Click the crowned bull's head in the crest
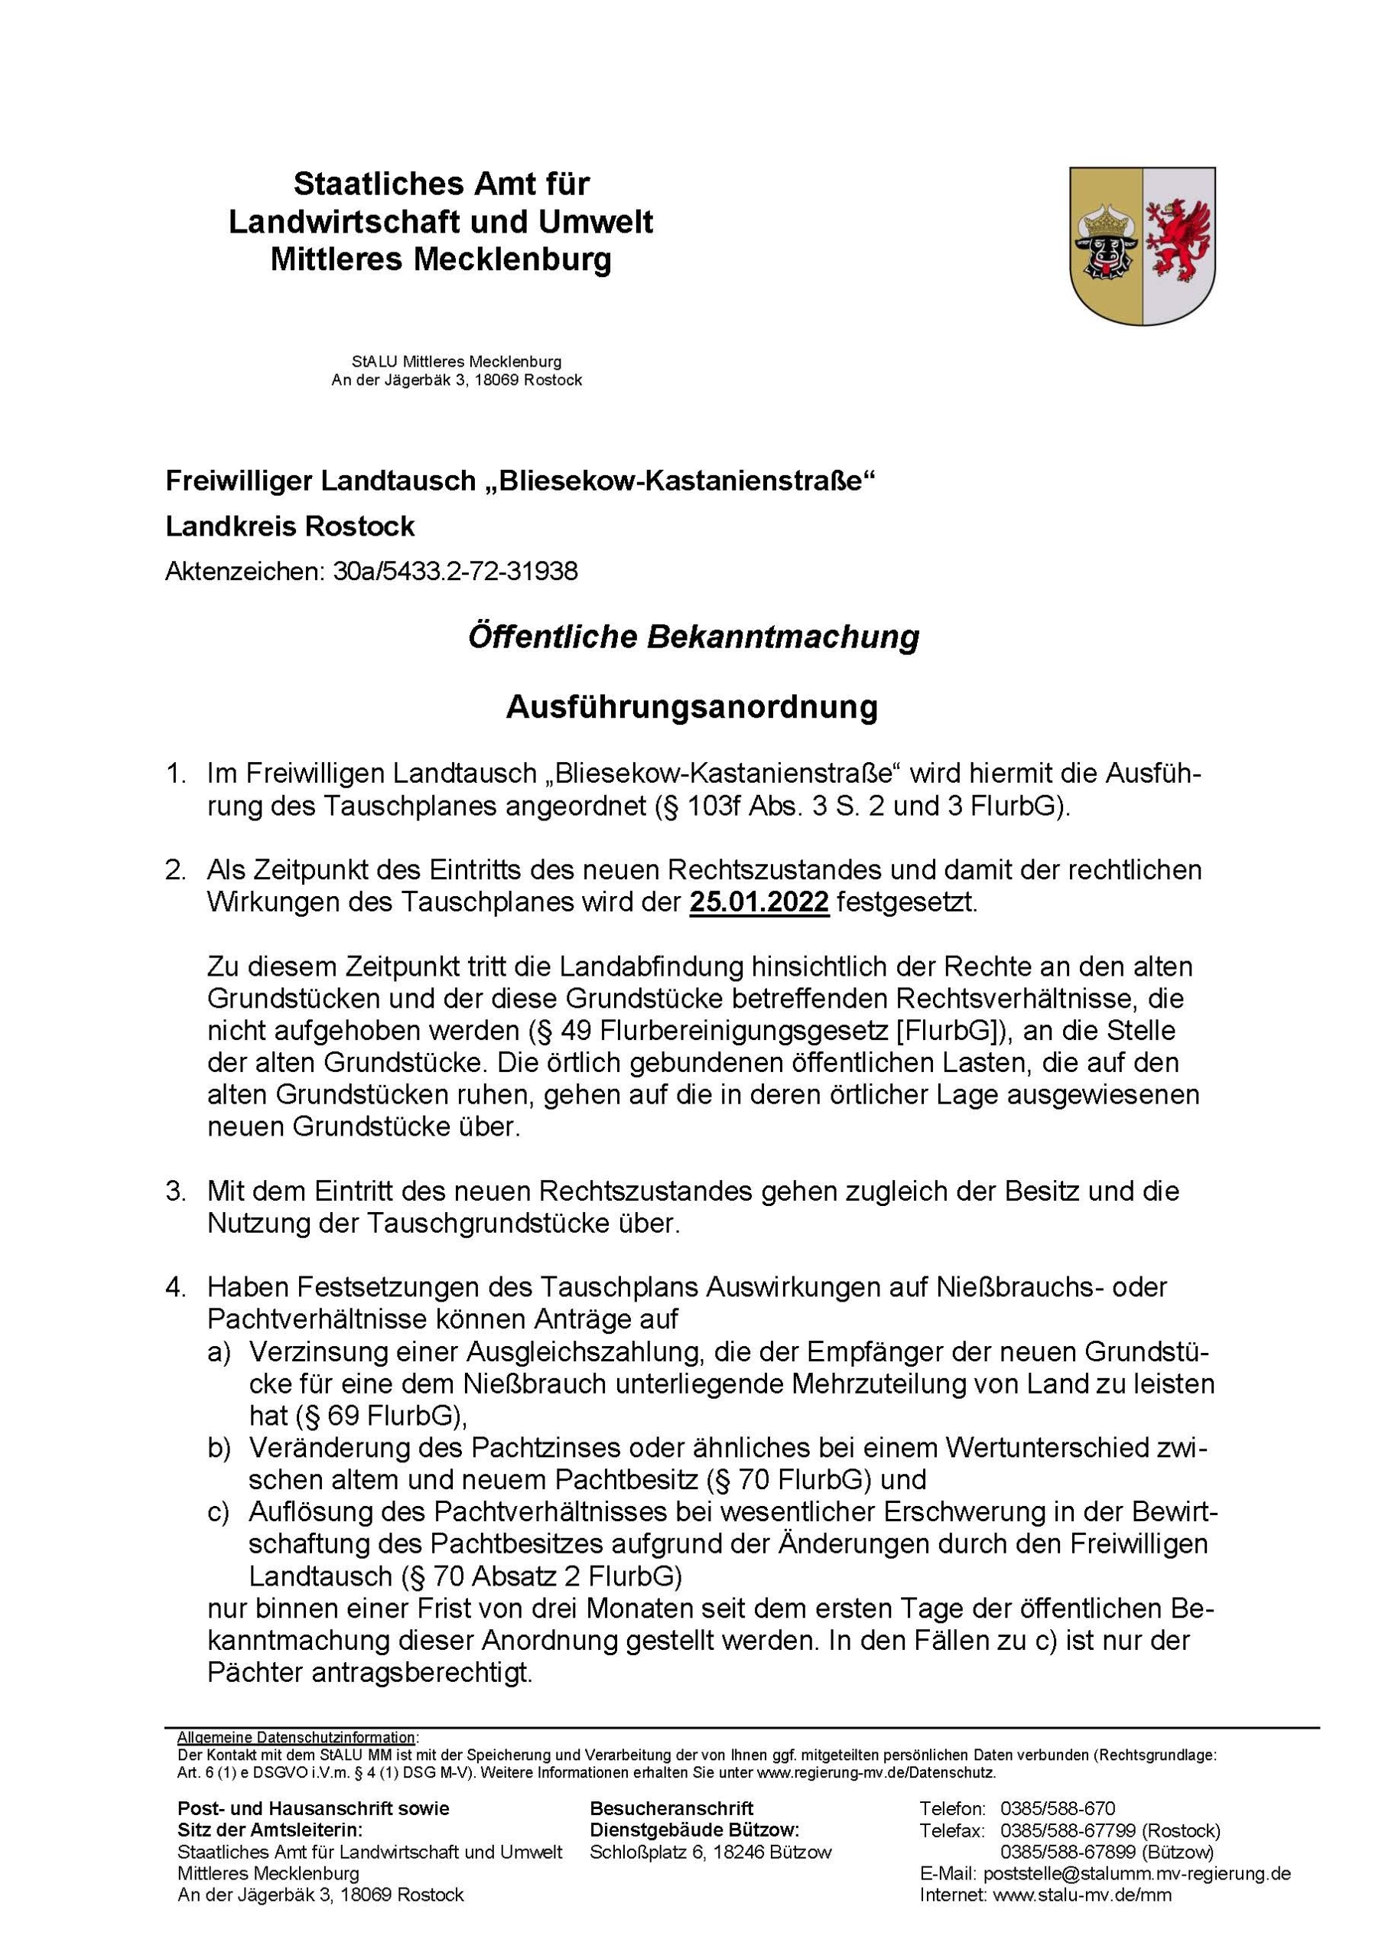(1105, 244)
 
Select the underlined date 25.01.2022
(759, 902)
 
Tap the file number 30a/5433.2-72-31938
(455, 571)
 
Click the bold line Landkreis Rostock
(290, 526)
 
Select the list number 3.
(176, 1191)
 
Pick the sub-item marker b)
(218, 1448)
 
